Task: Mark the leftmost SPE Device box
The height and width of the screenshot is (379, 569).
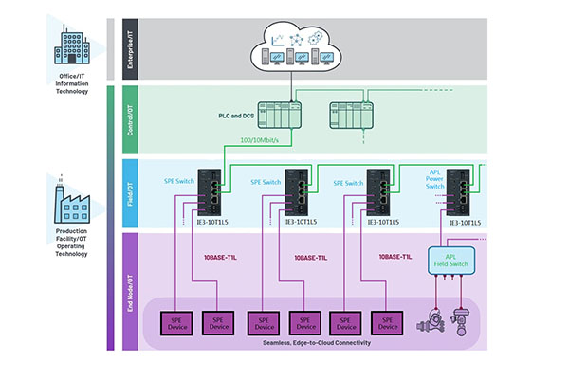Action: (x=175, y=323)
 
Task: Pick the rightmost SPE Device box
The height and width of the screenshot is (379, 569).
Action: (x=386, y=323)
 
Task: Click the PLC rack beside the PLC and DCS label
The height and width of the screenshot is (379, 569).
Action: (x=276, y=115)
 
